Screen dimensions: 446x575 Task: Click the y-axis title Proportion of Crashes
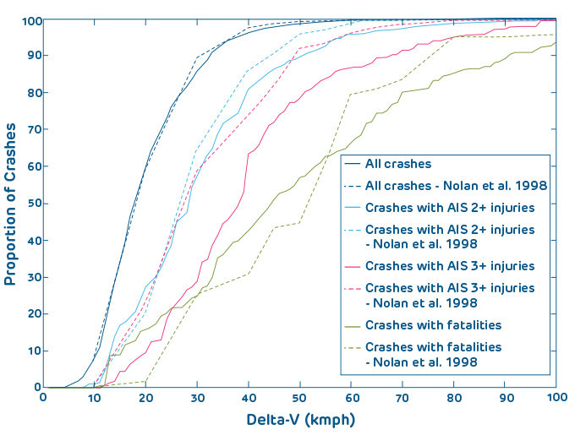point(12,204)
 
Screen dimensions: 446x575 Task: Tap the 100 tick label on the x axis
point(553,397)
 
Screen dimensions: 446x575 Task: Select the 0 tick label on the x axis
point(44,397)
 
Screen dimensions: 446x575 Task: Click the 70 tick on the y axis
point(44,129)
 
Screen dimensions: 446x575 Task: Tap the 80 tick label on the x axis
point(453,397)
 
